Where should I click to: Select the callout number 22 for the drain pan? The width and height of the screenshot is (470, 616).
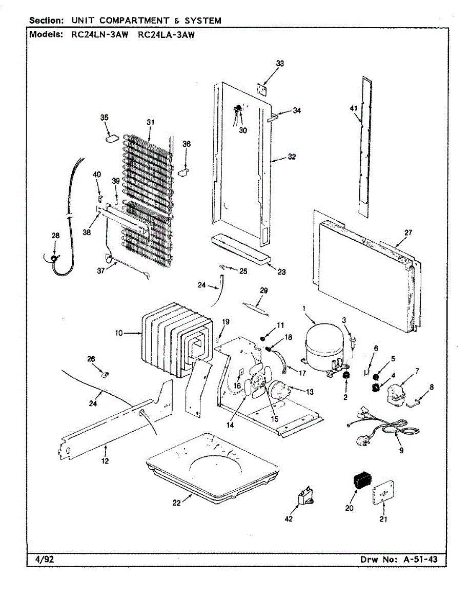tap(176, 503)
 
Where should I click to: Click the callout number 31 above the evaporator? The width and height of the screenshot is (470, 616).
tap(150, 122)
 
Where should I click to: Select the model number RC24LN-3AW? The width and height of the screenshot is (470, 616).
tap(100, 35)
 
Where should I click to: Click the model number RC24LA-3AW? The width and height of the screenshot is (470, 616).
tap(167, 35)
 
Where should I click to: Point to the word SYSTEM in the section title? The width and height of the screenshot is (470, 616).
tap(202, 21)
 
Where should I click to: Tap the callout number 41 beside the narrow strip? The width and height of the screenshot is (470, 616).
tap(354, 108)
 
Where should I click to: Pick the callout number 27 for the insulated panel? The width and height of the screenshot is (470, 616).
tap(408, 233)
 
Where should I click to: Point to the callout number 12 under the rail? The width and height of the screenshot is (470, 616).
tap(105, 461)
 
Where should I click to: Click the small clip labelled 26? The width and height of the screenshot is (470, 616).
tap(105, 374)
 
